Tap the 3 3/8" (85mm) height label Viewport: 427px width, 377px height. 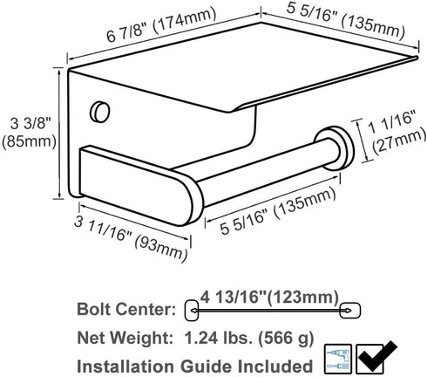[x=29, y=133]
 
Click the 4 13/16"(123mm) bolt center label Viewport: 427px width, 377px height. [x=270, y=297]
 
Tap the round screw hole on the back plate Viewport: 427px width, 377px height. [x=100, y=112]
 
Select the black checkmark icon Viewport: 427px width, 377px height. [x=376, y=357]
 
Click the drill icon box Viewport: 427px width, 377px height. [x=338, y=359]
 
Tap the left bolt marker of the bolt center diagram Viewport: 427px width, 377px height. [x=192, y=311]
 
